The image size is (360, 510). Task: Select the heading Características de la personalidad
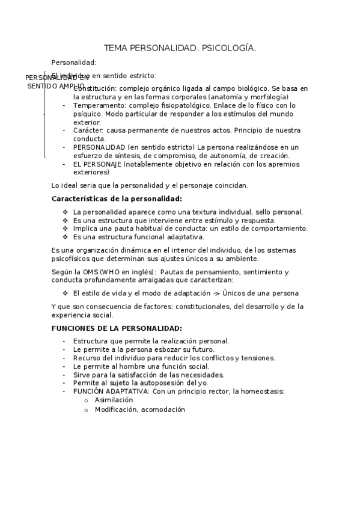click(x=117, y=198)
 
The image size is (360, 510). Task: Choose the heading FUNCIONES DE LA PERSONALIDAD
click(x=117, y=328)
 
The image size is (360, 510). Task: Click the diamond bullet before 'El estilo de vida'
click(x=65, y=293)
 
